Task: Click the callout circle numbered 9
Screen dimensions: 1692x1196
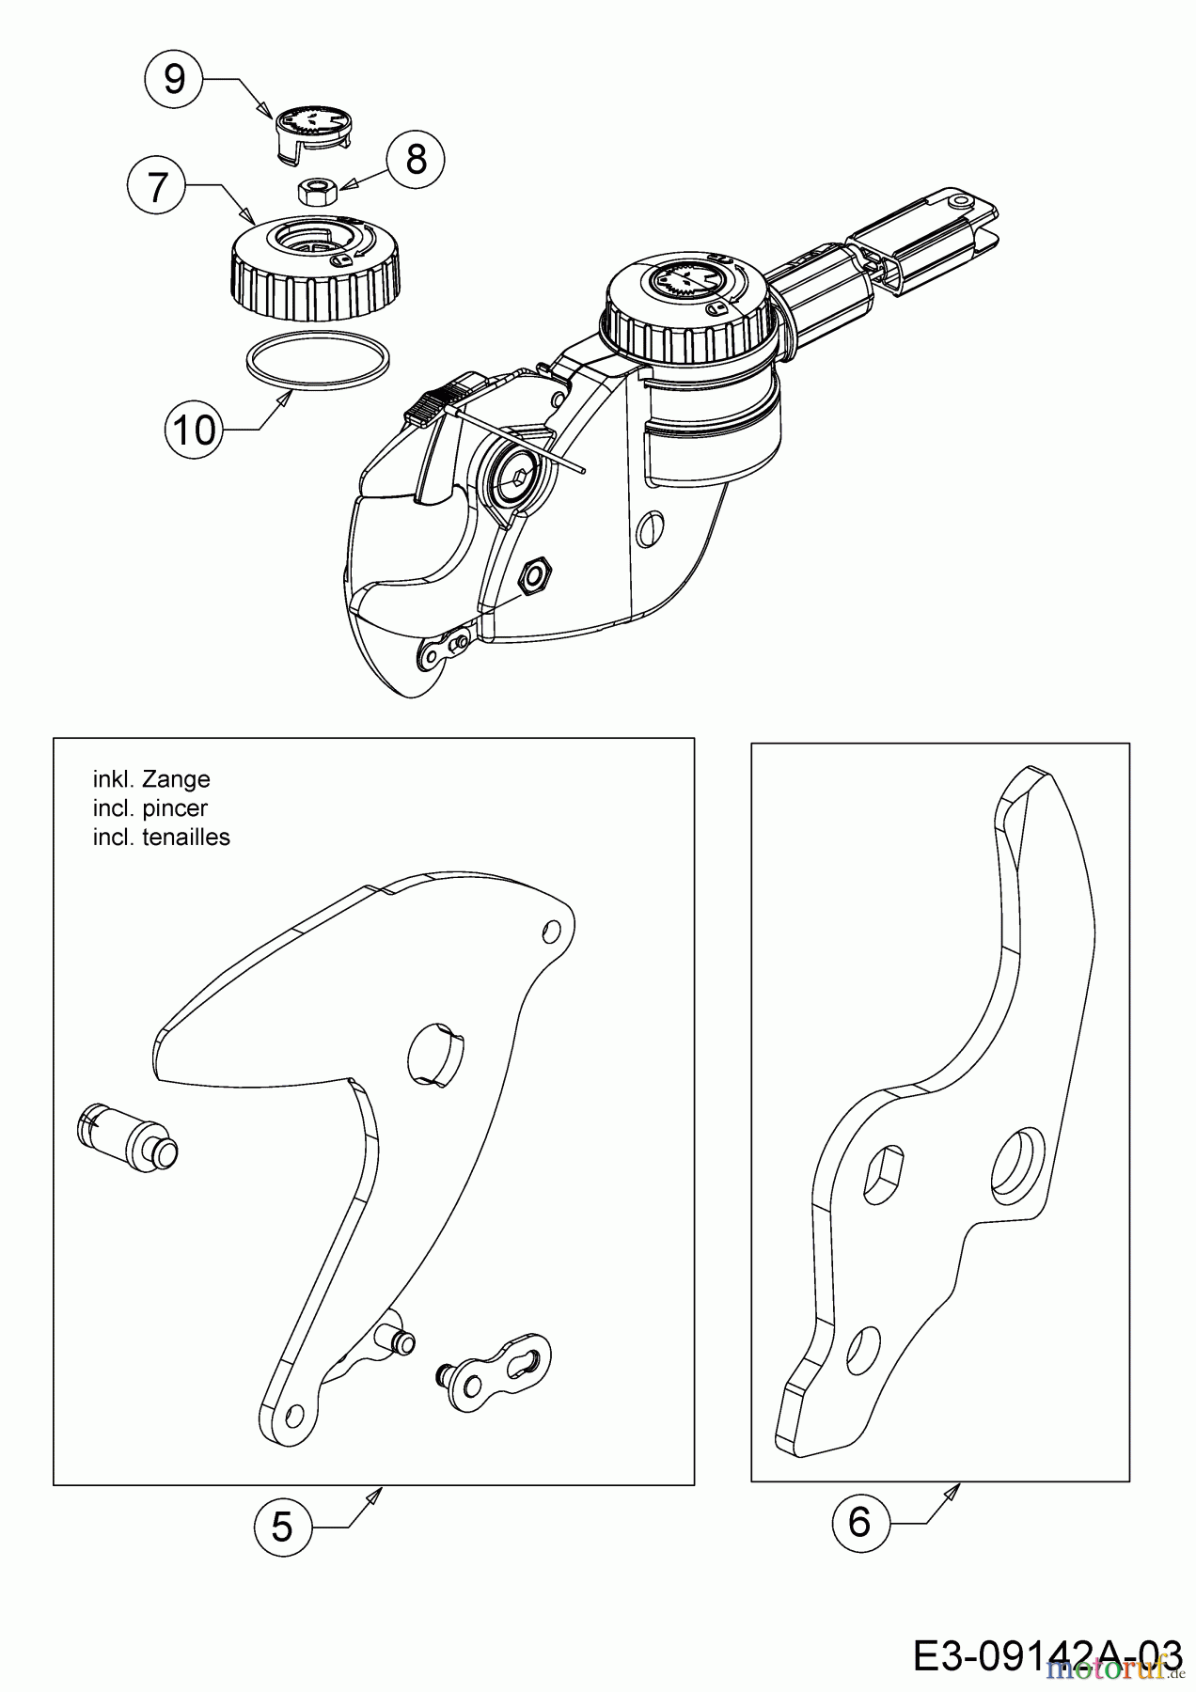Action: coord(174,78)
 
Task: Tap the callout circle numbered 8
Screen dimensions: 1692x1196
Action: coord(416,159)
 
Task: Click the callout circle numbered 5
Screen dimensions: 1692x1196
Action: coord(282,1527)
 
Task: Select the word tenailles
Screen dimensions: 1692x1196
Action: coord(185,837)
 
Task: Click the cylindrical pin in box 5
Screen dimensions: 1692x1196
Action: coord(127,1138)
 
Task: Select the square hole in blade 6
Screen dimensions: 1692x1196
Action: coord(882,1172)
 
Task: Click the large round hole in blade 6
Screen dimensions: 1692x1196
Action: coord(1017,1164)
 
